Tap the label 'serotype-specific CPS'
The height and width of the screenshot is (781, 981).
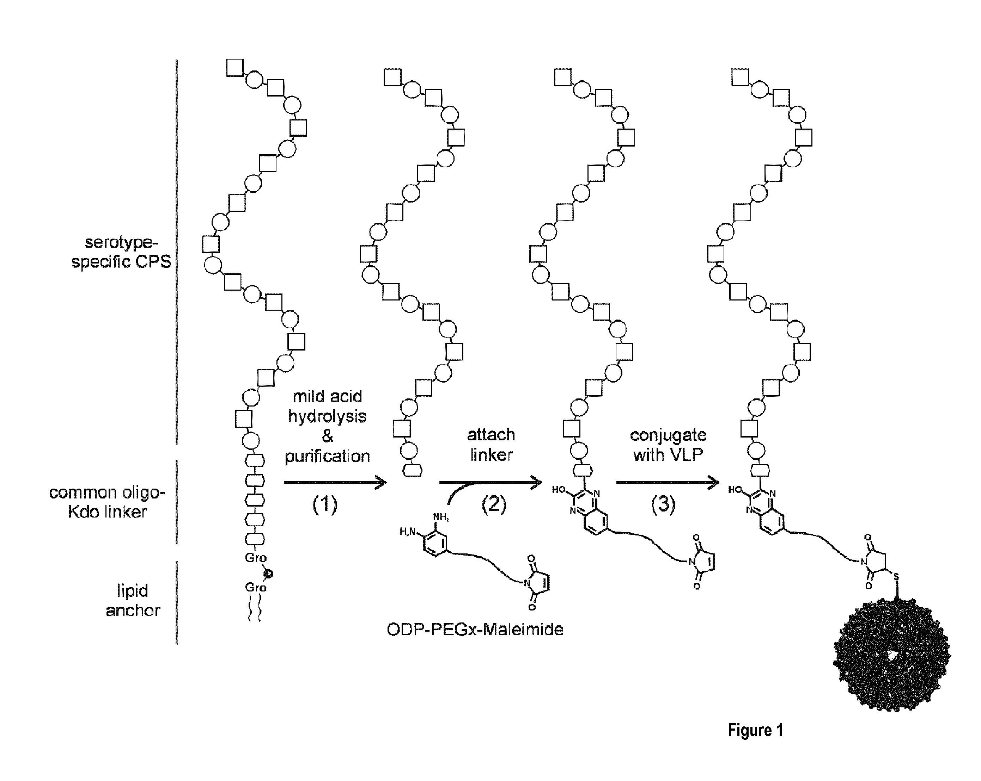coord(121,252)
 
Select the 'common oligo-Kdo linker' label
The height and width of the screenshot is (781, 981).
coord(106,502)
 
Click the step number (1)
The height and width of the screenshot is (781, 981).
coord(325,504)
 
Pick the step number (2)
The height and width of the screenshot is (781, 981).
coord(494,504)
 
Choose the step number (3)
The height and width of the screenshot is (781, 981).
coord(663,504)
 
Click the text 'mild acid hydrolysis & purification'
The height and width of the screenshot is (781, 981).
coord(327,426)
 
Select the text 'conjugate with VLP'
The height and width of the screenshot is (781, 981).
coord(668,445)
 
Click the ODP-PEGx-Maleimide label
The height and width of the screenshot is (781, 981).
coord(475,629)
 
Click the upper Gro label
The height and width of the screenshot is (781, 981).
coord(256,557)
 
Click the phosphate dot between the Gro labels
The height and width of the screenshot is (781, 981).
coord(268,574)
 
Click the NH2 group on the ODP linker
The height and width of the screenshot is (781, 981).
coord(440,517)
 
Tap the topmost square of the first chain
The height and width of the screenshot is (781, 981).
coord(235,68)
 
